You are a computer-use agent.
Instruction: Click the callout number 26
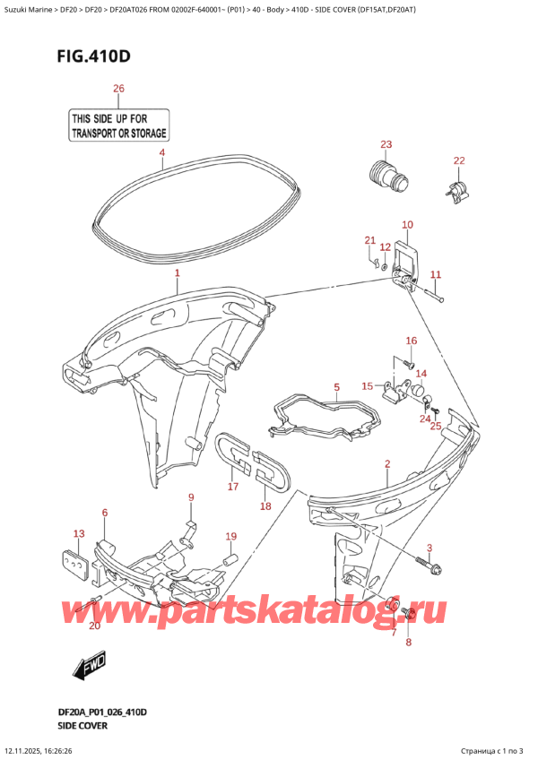(x=118, y=88)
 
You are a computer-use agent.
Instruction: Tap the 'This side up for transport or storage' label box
(x=118, y=125)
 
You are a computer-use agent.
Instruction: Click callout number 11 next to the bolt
(x=436, y=274)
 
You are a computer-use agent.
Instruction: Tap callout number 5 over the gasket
(x=336, y=387)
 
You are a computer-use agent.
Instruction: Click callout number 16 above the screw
(x=412, y=341)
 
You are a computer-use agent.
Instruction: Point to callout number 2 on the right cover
(x=386, y=463)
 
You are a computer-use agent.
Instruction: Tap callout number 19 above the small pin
(x=230, y=537)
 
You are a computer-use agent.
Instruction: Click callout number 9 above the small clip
(x=190, y=497)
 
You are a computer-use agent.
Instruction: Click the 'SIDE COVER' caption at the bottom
(x=84, y=723)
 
